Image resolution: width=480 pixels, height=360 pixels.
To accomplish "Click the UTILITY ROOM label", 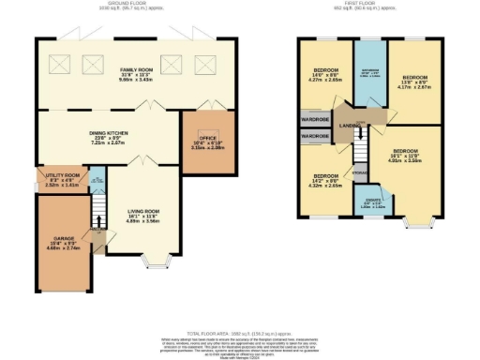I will coord(63,175).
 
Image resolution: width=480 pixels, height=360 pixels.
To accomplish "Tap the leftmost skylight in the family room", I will coord(56,64).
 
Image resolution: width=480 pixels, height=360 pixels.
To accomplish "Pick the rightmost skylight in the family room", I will coord(203,64).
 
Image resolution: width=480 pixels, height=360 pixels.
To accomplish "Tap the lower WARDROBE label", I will coord(315,137).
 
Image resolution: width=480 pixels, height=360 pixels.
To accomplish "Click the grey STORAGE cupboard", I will coord(359,172).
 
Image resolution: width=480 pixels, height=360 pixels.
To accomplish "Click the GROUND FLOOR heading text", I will coord(130,4).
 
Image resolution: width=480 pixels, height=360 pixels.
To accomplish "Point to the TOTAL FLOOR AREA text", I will coord(240,333).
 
